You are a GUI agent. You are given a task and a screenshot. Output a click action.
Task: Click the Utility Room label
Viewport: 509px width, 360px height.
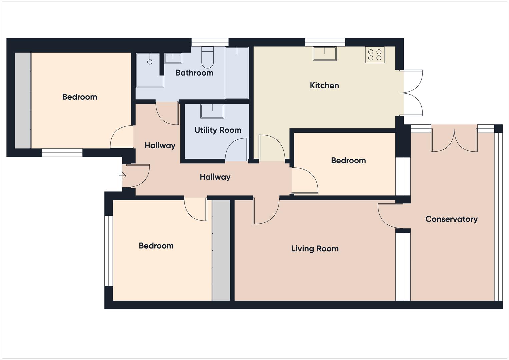click(218, 130)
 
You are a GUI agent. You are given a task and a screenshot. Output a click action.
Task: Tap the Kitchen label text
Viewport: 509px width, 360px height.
click(324, 85)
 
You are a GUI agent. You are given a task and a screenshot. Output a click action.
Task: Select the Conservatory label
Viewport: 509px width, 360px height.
click(451, 219)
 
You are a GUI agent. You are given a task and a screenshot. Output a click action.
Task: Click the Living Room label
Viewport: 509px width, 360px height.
click(315, 248)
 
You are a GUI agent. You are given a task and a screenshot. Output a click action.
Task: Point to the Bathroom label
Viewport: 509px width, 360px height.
click(194, 73)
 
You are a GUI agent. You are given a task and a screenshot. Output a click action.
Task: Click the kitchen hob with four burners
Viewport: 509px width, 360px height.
click(375, 55)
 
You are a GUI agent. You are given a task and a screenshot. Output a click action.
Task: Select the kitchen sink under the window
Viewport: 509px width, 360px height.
click(324, 54)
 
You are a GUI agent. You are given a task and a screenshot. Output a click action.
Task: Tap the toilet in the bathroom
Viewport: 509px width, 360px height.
click(207, 58)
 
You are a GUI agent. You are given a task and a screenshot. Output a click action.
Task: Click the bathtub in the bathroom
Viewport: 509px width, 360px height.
click(237, 73)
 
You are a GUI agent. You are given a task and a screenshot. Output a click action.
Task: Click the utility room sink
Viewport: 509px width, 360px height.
click(212, 111)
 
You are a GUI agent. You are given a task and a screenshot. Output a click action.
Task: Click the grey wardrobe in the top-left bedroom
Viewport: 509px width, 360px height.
click(23, 100)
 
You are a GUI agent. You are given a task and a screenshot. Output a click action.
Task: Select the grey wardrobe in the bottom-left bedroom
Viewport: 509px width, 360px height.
click(221, 250)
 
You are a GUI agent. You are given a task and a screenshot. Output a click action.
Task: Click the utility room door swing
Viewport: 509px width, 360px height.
click(237, 150)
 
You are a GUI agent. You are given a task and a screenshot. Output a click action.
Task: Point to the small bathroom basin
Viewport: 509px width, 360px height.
click(173, 58)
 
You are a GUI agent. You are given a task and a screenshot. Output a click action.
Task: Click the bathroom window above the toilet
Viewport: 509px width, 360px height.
click(210, 42)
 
